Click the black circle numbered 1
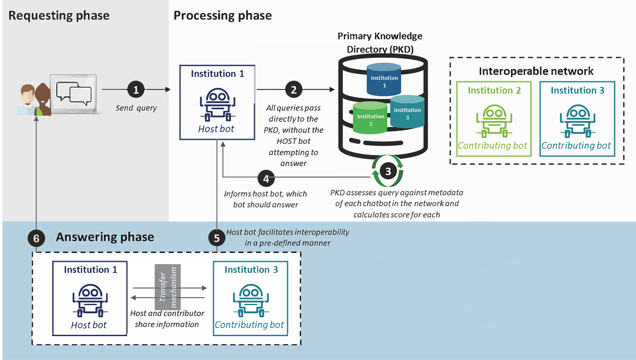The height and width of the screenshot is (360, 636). tap(136, 90)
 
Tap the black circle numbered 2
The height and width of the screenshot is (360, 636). tap(293, 90)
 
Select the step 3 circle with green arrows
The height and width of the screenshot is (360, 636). tap(388, 171)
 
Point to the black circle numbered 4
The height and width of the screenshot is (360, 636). tap(266, 179)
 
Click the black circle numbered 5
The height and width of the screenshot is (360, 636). tap(217, 238)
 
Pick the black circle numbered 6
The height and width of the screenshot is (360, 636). tap(36, 238)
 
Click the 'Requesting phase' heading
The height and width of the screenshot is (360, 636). tap(59, 16)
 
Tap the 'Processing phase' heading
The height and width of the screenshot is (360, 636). tap(222, 16)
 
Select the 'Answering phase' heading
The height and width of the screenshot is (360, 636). tap(105, 237)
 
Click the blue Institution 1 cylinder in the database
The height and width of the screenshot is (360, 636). tap(384, 79)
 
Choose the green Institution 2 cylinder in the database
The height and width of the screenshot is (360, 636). tap(370, 118)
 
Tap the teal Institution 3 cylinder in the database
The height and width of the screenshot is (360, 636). tap(408, 111)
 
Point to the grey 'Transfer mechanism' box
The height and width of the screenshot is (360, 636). tap(168, 287)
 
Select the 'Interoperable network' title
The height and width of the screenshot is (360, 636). tap(536, 71)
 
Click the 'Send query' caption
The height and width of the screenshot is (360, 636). tap(136, 108)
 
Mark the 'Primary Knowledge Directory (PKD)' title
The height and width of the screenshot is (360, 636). tap(380, 43)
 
